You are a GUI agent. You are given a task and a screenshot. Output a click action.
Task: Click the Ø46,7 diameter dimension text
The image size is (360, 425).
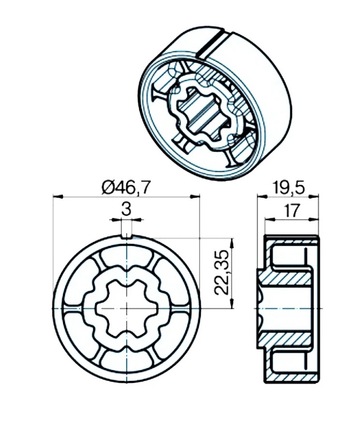(126, 188)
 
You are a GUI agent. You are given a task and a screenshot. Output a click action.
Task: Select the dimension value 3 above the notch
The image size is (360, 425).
(126, 209)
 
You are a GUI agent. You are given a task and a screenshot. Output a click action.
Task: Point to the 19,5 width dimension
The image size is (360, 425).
(289, 188)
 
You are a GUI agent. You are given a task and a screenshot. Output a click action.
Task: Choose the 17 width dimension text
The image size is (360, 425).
(291, 211)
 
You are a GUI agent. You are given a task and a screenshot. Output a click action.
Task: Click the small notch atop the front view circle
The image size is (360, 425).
(126, 236)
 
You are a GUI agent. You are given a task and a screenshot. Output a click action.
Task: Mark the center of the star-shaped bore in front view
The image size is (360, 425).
(127, 308)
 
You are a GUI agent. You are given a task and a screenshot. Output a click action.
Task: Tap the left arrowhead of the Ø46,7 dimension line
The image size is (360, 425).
(58, 196)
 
